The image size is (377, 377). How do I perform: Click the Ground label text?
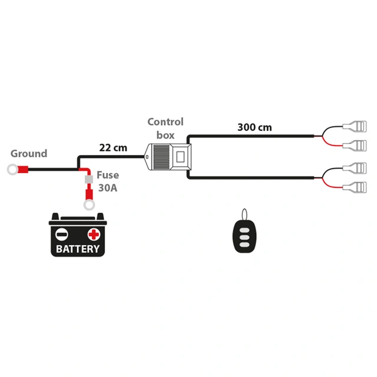point(29,154)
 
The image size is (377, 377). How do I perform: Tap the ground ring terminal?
point(12,171)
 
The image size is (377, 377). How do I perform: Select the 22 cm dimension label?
point(113,147)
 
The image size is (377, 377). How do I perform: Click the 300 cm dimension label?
point(255,127)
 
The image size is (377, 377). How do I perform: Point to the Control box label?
point(165,128)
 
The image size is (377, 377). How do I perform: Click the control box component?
point(168,157)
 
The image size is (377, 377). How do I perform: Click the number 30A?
point(107,189)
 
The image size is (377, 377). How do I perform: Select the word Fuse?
point(108,176)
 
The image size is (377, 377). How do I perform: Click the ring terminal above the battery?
point(90,205)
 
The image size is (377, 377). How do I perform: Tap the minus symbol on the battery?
point(62,234)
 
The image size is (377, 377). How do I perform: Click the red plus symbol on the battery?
point(94,234)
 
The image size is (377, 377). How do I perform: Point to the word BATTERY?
point(78,249)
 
